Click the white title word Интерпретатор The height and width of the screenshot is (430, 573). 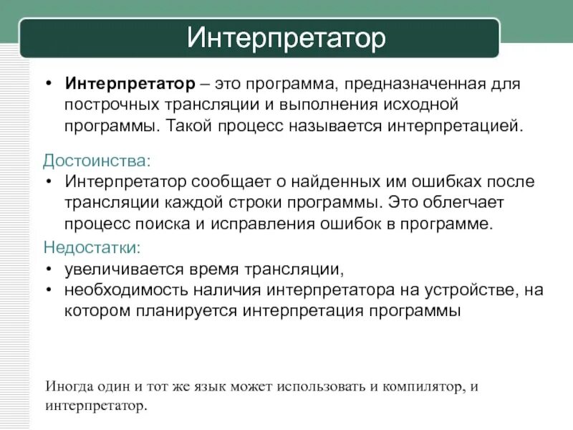pyautogui.click(x=286, y=38)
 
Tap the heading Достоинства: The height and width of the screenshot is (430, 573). pyautogui.click(x=97, y=159)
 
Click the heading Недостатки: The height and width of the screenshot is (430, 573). pyautogui.click(x=92, y=248)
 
